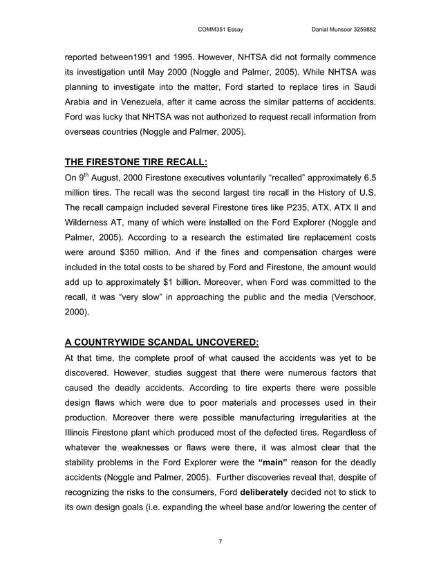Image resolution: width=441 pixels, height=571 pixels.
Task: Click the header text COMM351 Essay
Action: pyautogui.click(x=220, y=29)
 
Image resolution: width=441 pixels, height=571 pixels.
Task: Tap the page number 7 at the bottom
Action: pyautogui.click(x=220, y=541)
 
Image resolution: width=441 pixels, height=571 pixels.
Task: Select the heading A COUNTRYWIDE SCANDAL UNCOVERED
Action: pyautogui.click(x=162, y=341)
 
